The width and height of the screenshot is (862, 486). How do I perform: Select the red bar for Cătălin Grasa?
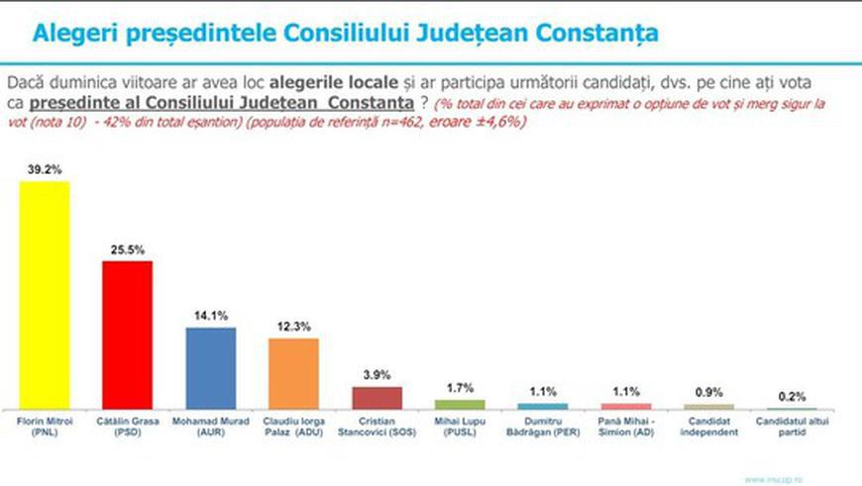[128, 335]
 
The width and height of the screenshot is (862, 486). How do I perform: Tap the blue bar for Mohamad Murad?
[211, 367]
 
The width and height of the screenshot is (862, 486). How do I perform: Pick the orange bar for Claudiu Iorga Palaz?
[293, 373]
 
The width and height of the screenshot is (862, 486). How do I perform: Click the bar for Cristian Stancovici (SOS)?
[377, 397]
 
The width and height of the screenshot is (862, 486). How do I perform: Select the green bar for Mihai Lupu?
[460, 404]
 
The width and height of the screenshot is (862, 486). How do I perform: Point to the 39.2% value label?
[46, 169]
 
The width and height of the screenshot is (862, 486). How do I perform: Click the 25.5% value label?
[128, 249]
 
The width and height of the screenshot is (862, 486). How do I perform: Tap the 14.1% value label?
[211, 317]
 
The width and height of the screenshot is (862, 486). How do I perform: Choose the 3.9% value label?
[377, 375]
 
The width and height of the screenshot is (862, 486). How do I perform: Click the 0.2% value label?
[792, 397]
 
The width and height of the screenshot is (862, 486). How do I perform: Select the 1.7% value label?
[460, 389]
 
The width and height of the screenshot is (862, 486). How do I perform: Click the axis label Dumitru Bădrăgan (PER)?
[543, 426]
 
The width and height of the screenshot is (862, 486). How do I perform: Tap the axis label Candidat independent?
[709, 426]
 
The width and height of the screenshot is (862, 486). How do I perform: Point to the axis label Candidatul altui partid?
[792, 426]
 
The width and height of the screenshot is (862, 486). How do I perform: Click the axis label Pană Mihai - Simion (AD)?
[626, 426]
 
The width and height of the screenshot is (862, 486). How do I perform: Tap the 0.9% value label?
[709, 392]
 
